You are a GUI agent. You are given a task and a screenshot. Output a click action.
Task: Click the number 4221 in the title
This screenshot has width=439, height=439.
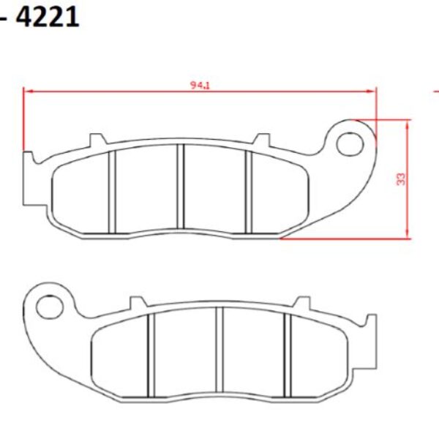point(47,15)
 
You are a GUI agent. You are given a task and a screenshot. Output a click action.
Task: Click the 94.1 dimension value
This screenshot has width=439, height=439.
point(200,86)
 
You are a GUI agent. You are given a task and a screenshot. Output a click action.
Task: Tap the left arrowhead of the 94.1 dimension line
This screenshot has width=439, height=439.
point(26,91)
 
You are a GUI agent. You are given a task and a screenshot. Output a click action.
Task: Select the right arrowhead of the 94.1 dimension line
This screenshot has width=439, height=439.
point(373,91)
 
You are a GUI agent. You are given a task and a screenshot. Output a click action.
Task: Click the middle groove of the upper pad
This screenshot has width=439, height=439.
point(181,187)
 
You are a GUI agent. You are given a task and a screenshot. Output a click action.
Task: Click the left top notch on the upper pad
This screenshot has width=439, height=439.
point(95,139)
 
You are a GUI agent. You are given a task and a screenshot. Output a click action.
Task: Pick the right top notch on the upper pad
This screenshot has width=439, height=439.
point(260,139)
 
